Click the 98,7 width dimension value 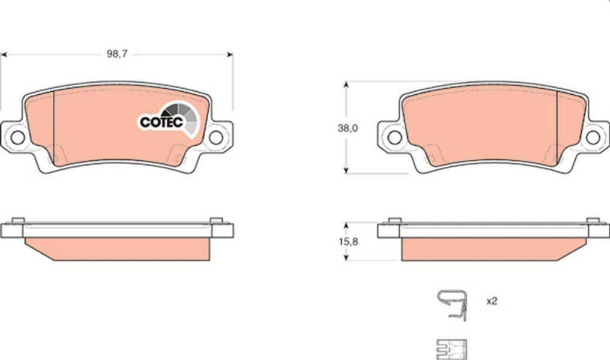click(117, 54)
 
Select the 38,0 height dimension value click(347, 128)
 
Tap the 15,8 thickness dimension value click(348, 242)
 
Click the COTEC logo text click(161, 122)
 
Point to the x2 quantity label click(492, 301)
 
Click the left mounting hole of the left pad click(18, 137)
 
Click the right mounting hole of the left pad click(216, 137)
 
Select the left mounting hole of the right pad click(395, 137)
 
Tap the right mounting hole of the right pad click(593, 137)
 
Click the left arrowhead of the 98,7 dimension click(4, 55)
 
